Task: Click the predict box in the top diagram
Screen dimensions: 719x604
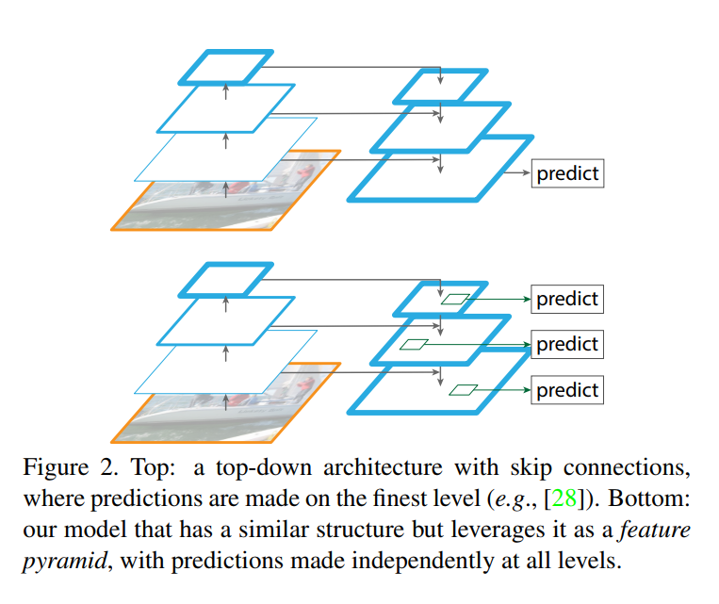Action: click(567, 173)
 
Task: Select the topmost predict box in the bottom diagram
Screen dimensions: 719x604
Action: click(567, 299)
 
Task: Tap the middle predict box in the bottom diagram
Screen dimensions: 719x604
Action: click(567, 344)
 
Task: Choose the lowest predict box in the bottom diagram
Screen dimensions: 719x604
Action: click(567, 390)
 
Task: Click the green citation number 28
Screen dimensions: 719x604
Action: click(564, 498)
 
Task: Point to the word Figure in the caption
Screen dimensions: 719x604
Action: click(56, 468)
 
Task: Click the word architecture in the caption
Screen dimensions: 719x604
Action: click(383, 467)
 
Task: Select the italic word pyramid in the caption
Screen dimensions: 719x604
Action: click(65, 562)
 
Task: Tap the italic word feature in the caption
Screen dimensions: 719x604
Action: click(655, 530)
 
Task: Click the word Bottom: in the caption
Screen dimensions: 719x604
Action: click(649, 498)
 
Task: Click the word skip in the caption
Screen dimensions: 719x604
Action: click(531, 468)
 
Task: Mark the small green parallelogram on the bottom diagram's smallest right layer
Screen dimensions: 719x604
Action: click(455, 299)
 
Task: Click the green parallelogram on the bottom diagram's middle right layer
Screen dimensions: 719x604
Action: click(414, 345)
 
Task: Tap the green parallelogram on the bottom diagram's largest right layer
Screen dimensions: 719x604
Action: click(463, 390)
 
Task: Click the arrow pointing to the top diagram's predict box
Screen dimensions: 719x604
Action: click(517, 172)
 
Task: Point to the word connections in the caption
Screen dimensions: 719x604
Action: click(627, 467)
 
